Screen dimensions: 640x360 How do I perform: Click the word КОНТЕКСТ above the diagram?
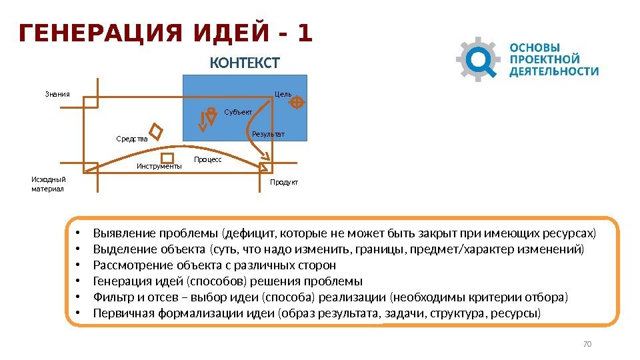pyautogui.click(x=245, y=63)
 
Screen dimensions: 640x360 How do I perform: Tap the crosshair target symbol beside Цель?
pyautogui.click(x=297, y=102)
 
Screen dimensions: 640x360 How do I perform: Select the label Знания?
pyautogui.click(x=57, y=94)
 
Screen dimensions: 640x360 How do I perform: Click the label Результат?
pyautogui.click(x=268, y=135)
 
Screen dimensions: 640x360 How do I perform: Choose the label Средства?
pyautogui.click(x=131, y=139)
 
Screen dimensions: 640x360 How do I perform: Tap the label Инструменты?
pyautogui.click(x=159, y=167)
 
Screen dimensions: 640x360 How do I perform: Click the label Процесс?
pyautogui.click(x=207, y=160)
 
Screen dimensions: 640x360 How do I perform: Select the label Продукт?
pyautogui.click(x=284, y=182)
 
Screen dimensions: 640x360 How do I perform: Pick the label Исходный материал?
pyautogui.click(x=49, y=183)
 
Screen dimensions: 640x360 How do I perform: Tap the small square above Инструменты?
pyautogui.click(x=168, y=158)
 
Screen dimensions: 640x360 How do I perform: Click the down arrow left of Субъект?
pyautogui.click(x=203, y=121)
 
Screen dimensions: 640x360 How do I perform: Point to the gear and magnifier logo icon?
pyautogui.click(x=478, y=59)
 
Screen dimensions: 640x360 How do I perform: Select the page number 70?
pyautogui.click(x=587, y=344)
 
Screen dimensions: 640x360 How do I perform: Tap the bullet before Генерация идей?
pyautogui.click(x=77, y=281)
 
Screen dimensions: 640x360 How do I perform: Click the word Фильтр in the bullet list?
pyautogui.click(x=112, y=297)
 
